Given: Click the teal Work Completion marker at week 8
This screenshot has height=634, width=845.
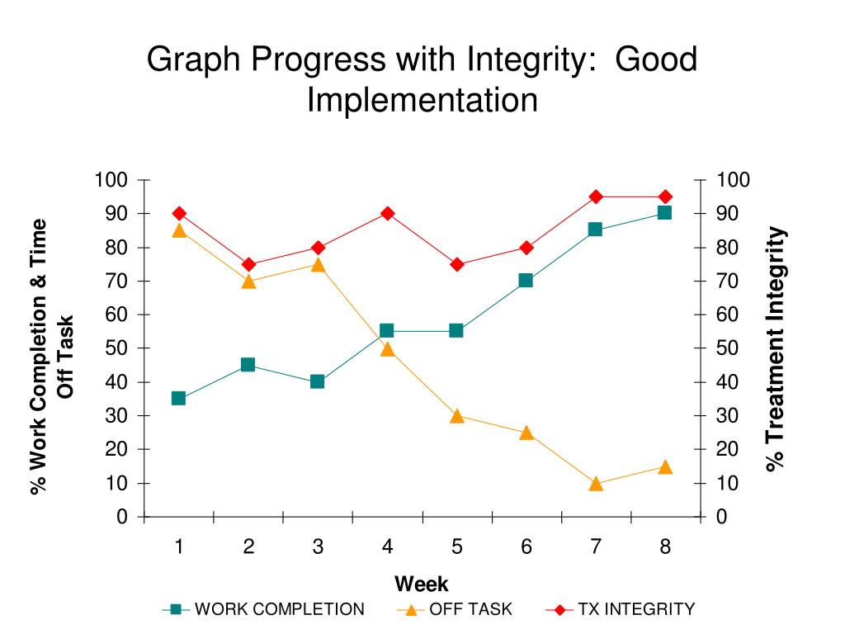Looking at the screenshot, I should click(x=664, y=213).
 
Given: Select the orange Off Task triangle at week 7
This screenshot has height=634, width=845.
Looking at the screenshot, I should click(x=596, y=484).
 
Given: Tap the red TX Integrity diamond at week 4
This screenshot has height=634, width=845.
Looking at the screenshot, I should click(x=387, y=213).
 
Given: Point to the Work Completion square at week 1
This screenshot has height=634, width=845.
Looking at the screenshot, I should click(x=178, y=398).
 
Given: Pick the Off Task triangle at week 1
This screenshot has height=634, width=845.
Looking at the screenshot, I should click(x=178, y=230).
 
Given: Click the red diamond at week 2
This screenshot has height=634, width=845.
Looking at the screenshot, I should click(x=248, y=264).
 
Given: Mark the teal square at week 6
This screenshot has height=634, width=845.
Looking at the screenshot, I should click(x=526, y=281).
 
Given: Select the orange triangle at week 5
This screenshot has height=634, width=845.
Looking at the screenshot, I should click(x=456, y=416).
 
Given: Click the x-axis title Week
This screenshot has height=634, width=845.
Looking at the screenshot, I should click(x=421, y=584).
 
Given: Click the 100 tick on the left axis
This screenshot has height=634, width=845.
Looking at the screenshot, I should click(x=111, y=180).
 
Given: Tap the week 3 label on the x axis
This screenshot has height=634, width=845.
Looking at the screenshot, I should click(x=318, y=546).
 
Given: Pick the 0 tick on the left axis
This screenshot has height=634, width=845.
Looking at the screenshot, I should click(x=122, y=517).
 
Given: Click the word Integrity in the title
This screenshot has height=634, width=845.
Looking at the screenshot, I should click(x=529, y=59).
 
